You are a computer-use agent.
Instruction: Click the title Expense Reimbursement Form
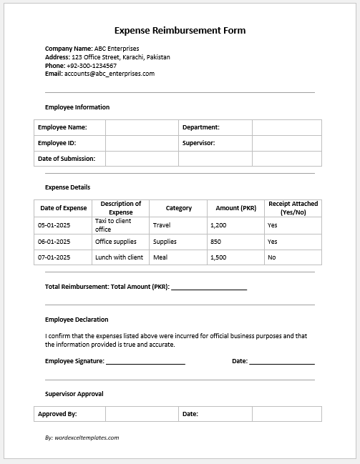180,31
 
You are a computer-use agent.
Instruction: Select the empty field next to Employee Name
142,127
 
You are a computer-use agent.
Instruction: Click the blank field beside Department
286,127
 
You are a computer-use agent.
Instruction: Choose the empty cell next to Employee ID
142,143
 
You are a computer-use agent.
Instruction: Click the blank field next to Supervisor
286,143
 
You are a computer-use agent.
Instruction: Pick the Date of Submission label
67,159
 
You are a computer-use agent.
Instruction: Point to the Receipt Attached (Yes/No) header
293,208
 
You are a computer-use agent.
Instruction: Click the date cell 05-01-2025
54,225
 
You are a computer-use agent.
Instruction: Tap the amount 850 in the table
216,242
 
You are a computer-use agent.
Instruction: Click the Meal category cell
160,257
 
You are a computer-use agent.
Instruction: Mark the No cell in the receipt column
272,257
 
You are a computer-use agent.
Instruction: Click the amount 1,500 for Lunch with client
219,257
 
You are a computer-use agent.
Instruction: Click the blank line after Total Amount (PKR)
209,287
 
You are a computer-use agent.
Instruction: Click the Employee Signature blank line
145,362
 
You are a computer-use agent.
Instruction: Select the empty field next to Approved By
142,414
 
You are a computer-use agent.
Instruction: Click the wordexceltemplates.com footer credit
82,438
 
